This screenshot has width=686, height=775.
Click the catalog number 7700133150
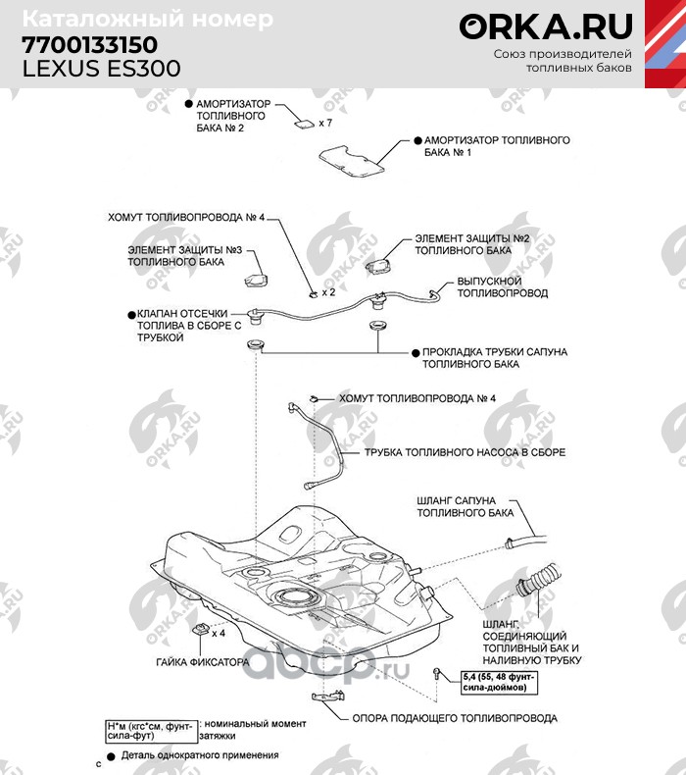pyautogui.click(x=89, y=45)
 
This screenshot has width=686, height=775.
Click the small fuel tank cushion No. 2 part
pyautogui.click(x=305, y=124)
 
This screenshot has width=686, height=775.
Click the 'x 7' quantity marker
pyautogui.click(x=325, y=125)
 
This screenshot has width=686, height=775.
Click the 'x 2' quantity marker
pyautogui.click(x=328, y=292)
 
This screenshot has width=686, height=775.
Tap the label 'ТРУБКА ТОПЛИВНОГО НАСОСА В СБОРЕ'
pyautogui.click(x=465, y=452)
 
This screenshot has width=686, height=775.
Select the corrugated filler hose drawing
pyautogui.click(x=537, y=584)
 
